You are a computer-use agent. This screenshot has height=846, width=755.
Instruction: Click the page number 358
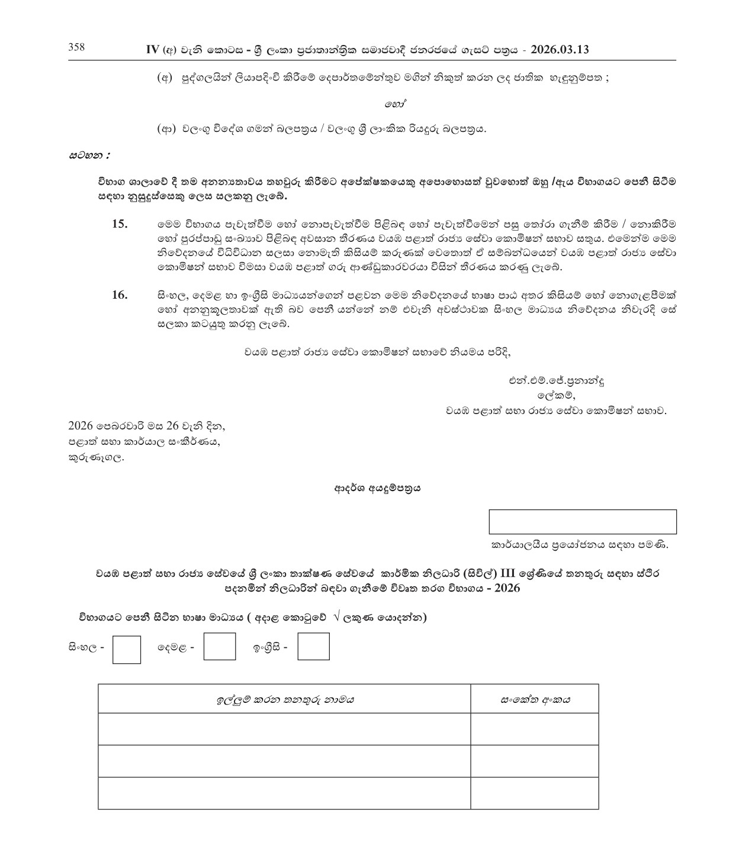76,48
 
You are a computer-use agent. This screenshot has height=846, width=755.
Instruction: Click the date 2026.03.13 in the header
560,50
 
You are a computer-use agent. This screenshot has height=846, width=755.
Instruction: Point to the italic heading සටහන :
89,156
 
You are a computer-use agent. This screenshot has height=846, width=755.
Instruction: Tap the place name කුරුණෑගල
97,457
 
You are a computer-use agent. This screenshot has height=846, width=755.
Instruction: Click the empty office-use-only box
582,522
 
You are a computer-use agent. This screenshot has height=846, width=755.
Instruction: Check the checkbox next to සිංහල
126,650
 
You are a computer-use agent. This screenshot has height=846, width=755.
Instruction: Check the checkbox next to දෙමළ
219,647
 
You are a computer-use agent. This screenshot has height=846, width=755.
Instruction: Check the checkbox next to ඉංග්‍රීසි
313,647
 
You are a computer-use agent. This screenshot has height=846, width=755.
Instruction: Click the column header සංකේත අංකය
535,699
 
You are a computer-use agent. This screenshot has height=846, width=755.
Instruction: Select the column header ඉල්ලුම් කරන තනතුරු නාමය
284,699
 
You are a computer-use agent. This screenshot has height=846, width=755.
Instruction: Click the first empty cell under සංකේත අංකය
535,729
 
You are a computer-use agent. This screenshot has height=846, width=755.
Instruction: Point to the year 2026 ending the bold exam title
507,589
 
